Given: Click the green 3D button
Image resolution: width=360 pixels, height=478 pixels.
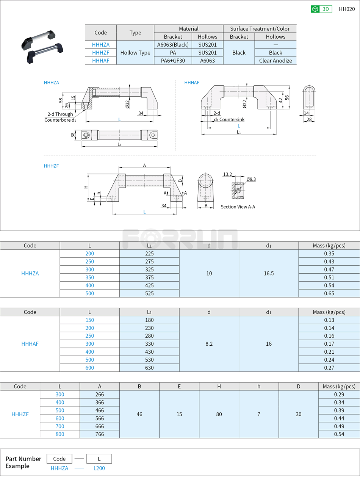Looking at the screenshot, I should [321, 9].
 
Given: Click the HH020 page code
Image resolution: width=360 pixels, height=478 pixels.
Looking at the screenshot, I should [346, 9].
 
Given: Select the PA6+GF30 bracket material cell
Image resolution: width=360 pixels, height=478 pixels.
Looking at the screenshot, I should [173, 61].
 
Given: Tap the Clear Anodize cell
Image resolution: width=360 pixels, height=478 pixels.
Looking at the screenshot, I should [275, 61].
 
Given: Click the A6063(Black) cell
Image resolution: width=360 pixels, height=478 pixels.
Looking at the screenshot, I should [173, 45].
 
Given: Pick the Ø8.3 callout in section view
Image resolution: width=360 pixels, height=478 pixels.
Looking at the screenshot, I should [251, 179].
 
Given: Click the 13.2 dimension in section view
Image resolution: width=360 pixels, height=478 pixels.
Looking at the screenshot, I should [227, 174].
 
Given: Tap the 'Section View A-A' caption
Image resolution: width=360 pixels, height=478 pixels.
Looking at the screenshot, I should [238, 207].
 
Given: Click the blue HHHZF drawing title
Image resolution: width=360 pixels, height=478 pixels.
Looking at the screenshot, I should [51, 166].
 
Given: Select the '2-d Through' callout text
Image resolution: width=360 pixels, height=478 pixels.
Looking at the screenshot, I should [60, 114].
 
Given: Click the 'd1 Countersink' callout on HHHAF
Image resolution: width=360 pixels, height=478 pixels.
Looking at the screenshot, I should [229, 119].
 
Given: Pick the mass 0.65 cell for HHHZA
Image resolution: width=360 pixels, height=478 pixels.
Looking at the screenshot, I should [329, 293].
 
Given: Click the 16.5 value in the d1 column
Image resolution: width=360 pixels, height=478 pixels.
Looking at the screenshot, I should [269, 273].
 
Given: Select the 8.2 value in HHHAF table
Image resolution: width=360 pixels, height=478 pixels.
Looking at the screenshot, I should [209, 344].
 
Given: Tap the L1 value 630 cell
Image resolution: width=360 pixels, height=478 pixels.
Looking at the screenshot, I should [149, 368].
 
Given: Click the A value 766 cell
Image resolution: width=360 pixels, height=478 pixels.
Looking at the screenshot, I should [100, 434].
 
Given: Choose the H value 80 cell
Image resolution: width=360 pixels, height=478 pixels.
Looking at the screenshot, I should [219, 414].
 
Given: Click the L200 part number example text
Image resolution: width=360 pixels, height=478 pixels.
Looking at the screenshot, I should [99, 468].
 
